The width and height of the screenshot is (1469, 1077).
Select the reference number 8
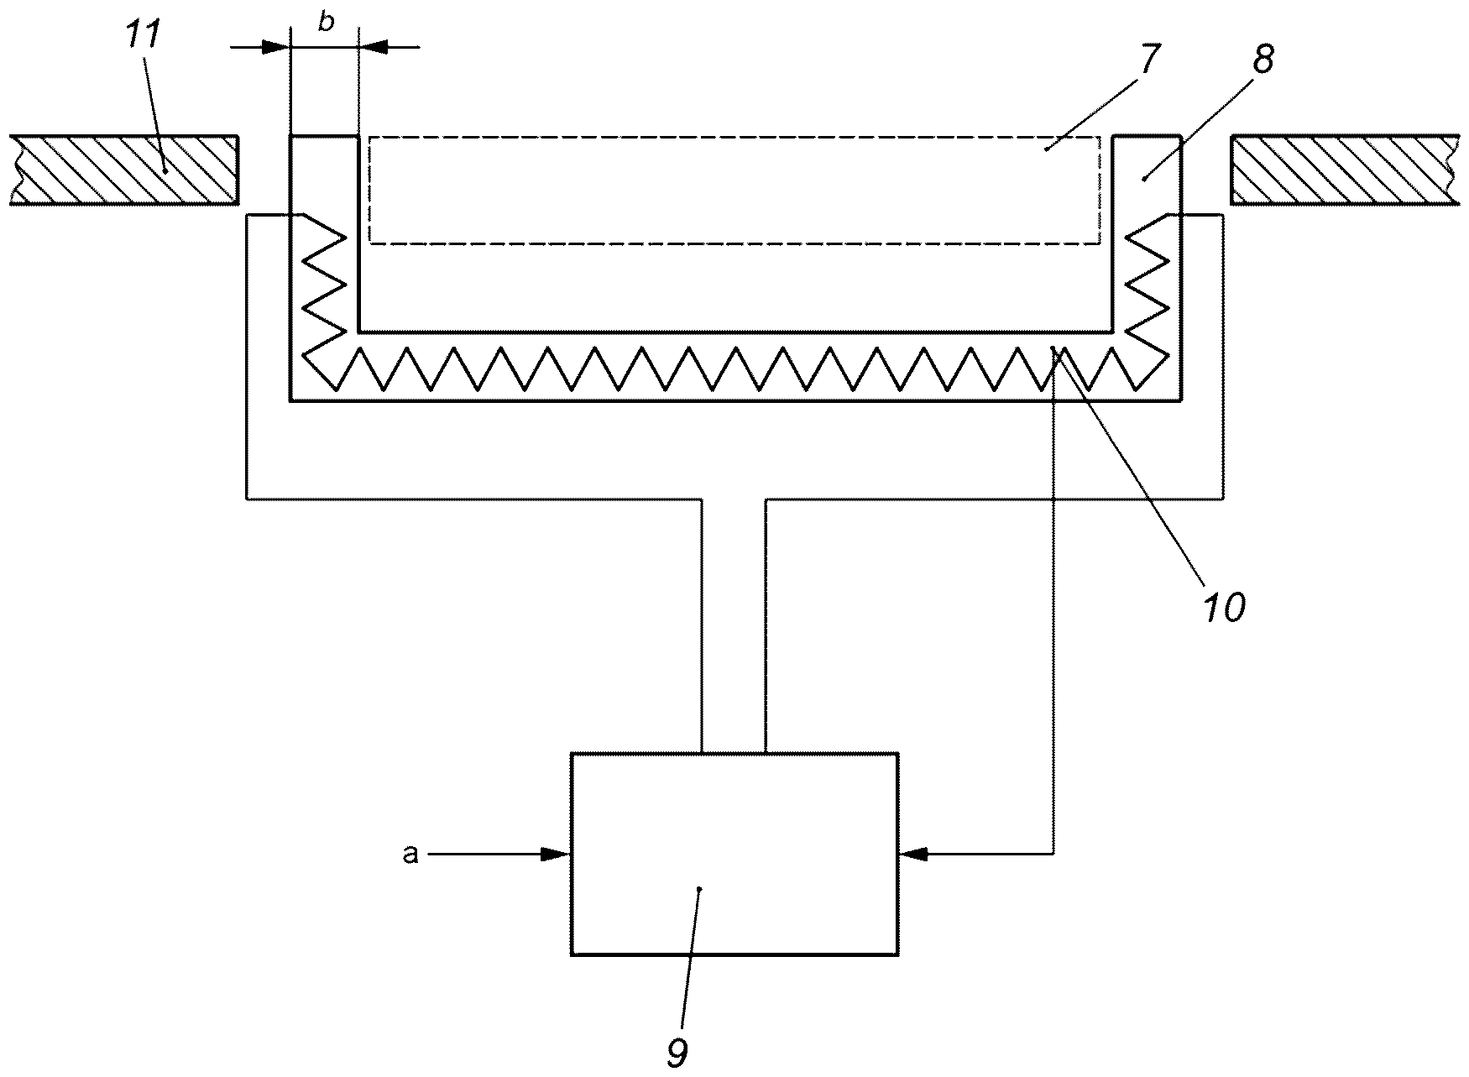click(1263, 60)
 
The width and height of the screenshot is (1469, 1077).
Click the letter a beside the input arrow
click(410, 855)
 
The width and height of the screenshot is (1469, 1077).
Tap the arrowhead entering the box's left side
click(555, 855)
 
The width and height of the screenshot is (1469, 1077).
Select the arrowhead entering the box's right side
click(913, 855)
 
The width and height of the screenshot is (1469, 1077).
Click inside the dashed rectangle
click(734, 191)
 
